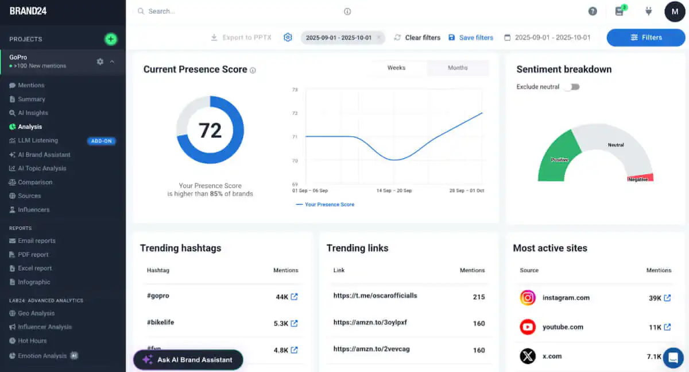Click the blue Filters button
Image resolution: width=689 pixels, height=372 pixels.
(646, 37)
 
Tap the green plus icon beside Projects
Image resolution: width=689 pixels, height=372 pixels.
(111, 39)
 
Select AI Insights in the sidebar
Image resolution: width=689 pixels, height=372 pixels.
(33, 113)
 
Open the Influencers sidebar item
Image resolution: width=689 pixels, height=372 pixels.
(33, 210)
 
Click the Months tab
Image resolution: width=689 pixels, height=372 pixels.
(458, 68)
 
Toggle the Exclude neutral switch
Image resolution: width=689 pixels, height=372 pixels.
(572, 87)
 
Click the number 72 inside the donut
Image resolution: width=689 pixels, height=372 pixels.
(210, 131)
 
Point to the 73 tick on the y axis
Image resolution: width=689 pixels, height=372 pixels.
(295, 90)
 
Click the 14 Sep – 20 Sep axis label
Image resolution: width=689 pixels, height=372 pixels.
(394, 190)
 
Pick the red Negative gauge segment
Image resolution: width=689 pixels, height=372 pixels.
(641, 178)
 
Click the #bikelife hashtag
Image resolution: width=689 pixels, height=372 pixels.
(160, 323)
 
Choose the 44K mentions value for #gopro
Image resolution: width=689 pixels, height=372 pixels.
(281, 297)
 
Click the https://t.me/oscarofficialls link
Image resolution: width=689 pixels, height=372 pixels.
(375, 296)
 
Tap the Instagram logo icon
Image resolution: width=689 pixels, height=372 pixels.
(528, 298)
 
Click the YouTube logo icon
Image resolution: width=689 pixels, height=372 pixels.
(528, 327)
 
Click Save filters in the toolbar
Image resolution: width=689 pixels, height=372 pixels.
(476, 37)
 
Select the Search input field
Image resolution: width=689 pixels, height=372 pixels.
(241, 11)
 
